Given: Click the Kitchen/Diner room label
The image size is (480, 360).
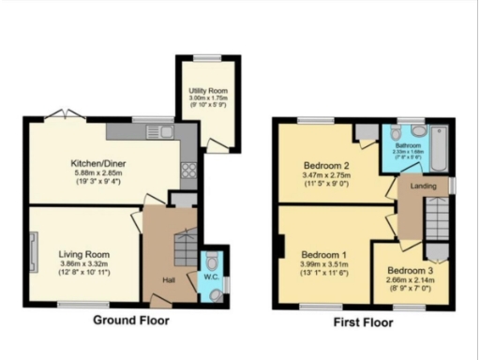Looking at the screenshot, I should click(93, 162).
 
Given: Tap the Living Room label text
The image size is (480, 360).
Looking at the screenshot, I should click(85, 254).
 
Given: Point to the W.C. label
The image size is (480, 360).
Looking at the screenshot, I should click(211, 277).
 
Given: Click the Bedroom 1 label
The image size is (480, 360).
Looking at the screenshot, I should click(324, 254).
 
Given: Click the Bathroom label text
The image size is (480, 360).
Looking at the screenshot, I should click(408, 146).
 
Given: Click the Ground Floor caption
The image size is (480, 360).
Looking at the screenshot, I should click(132, 320).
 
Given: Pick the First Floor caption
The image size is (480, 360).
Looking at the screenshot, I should click(363, 322).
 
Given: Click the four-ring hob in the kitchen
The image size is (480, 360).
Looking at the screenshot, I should click(187, 171).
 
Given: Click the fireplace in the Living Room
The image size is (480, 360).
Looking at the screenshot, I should click(35, 252).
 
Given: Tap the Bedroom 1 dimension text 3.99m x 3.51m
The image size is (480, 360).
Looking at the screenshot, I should click(324, 264).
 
